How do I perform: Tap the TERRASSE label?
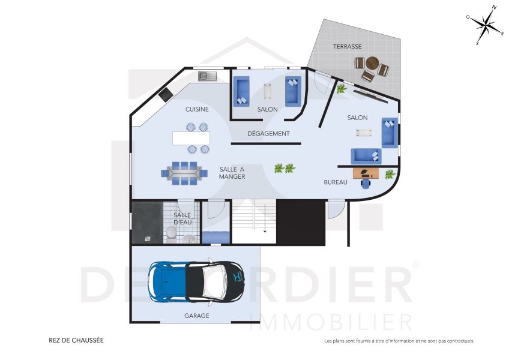tap(348, 46)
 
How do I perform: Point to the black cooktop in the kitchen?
tap(164, 94)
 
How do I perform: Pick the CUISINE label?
tap(197, 109)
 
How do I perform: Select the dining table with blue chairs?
tap(185, 172)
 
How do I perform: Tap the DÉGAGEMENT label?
tap(268, 133)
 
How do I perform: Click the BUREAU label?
tap(336, 182)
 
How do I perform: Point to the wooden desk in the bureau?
tap(366, 173)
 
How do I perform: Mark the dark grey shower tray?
tap(147, 222)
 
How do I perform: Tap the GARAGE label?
tap(197, 316)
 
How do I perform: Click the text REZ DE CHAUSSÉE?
tap(76, 340)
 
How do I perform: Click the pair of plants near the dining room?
tap(284, 169)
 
